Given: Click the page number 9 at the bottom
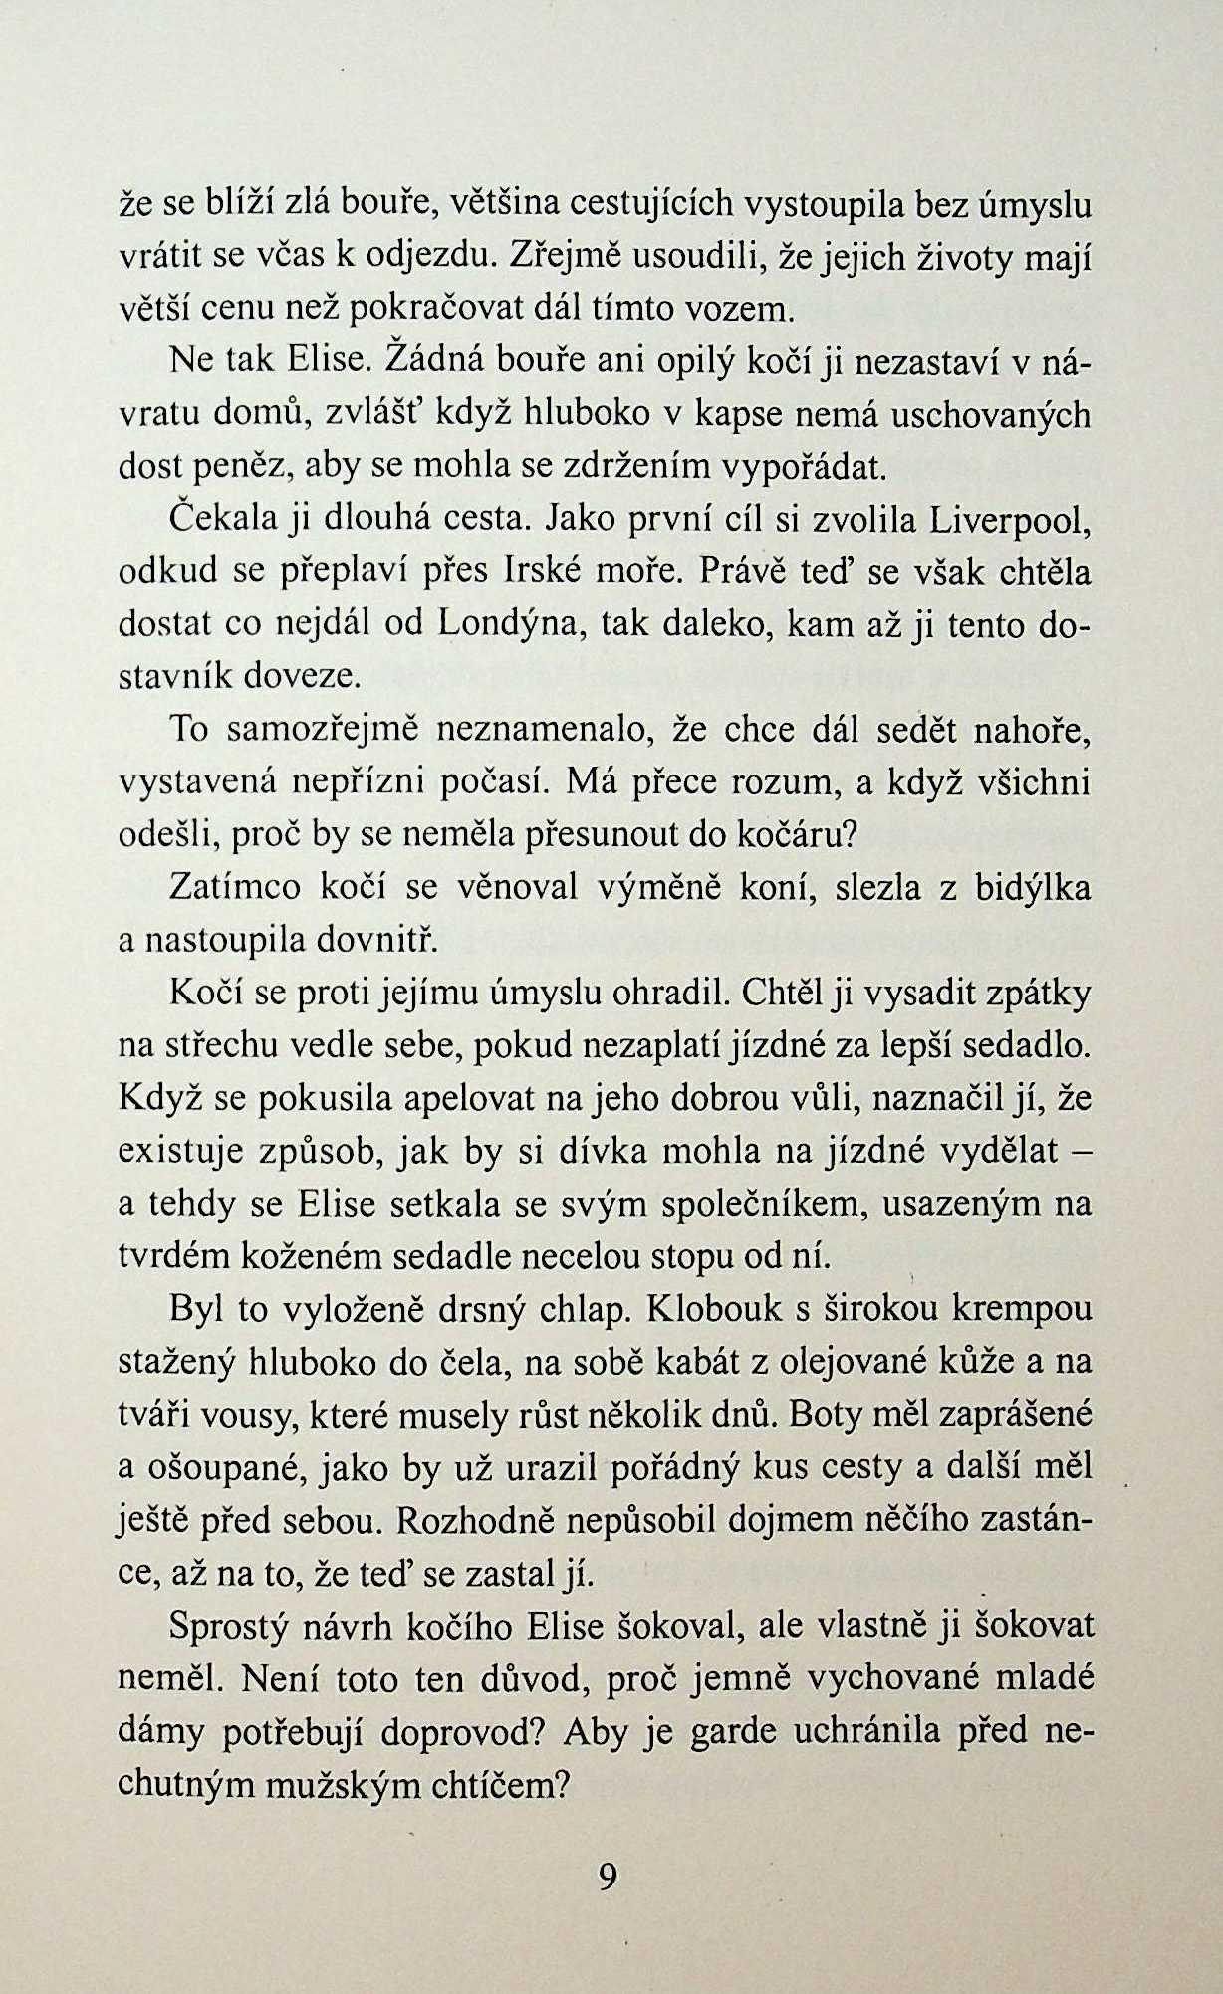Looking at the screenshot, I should [x=609, y=1876].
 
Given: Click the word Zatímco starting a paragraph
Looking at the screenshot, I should [x=236, y=887].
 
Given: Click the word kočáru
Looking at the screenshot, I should [x=794, y=832].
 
